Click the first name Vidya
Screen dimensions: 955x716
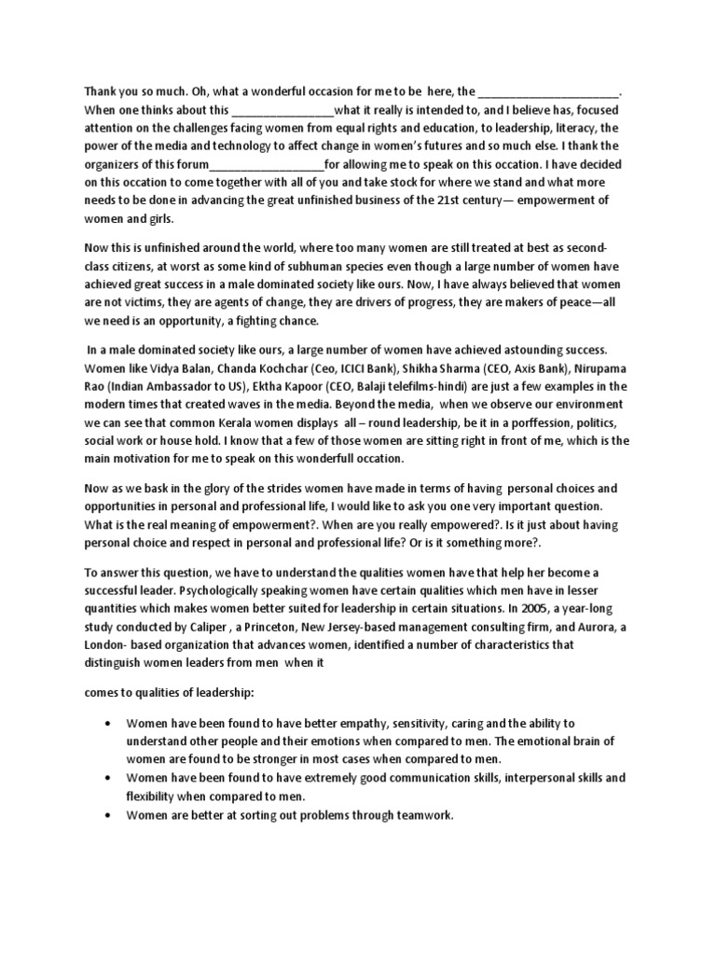(172, 367)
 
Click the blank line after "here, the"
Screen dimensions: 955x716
(549, 93)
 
